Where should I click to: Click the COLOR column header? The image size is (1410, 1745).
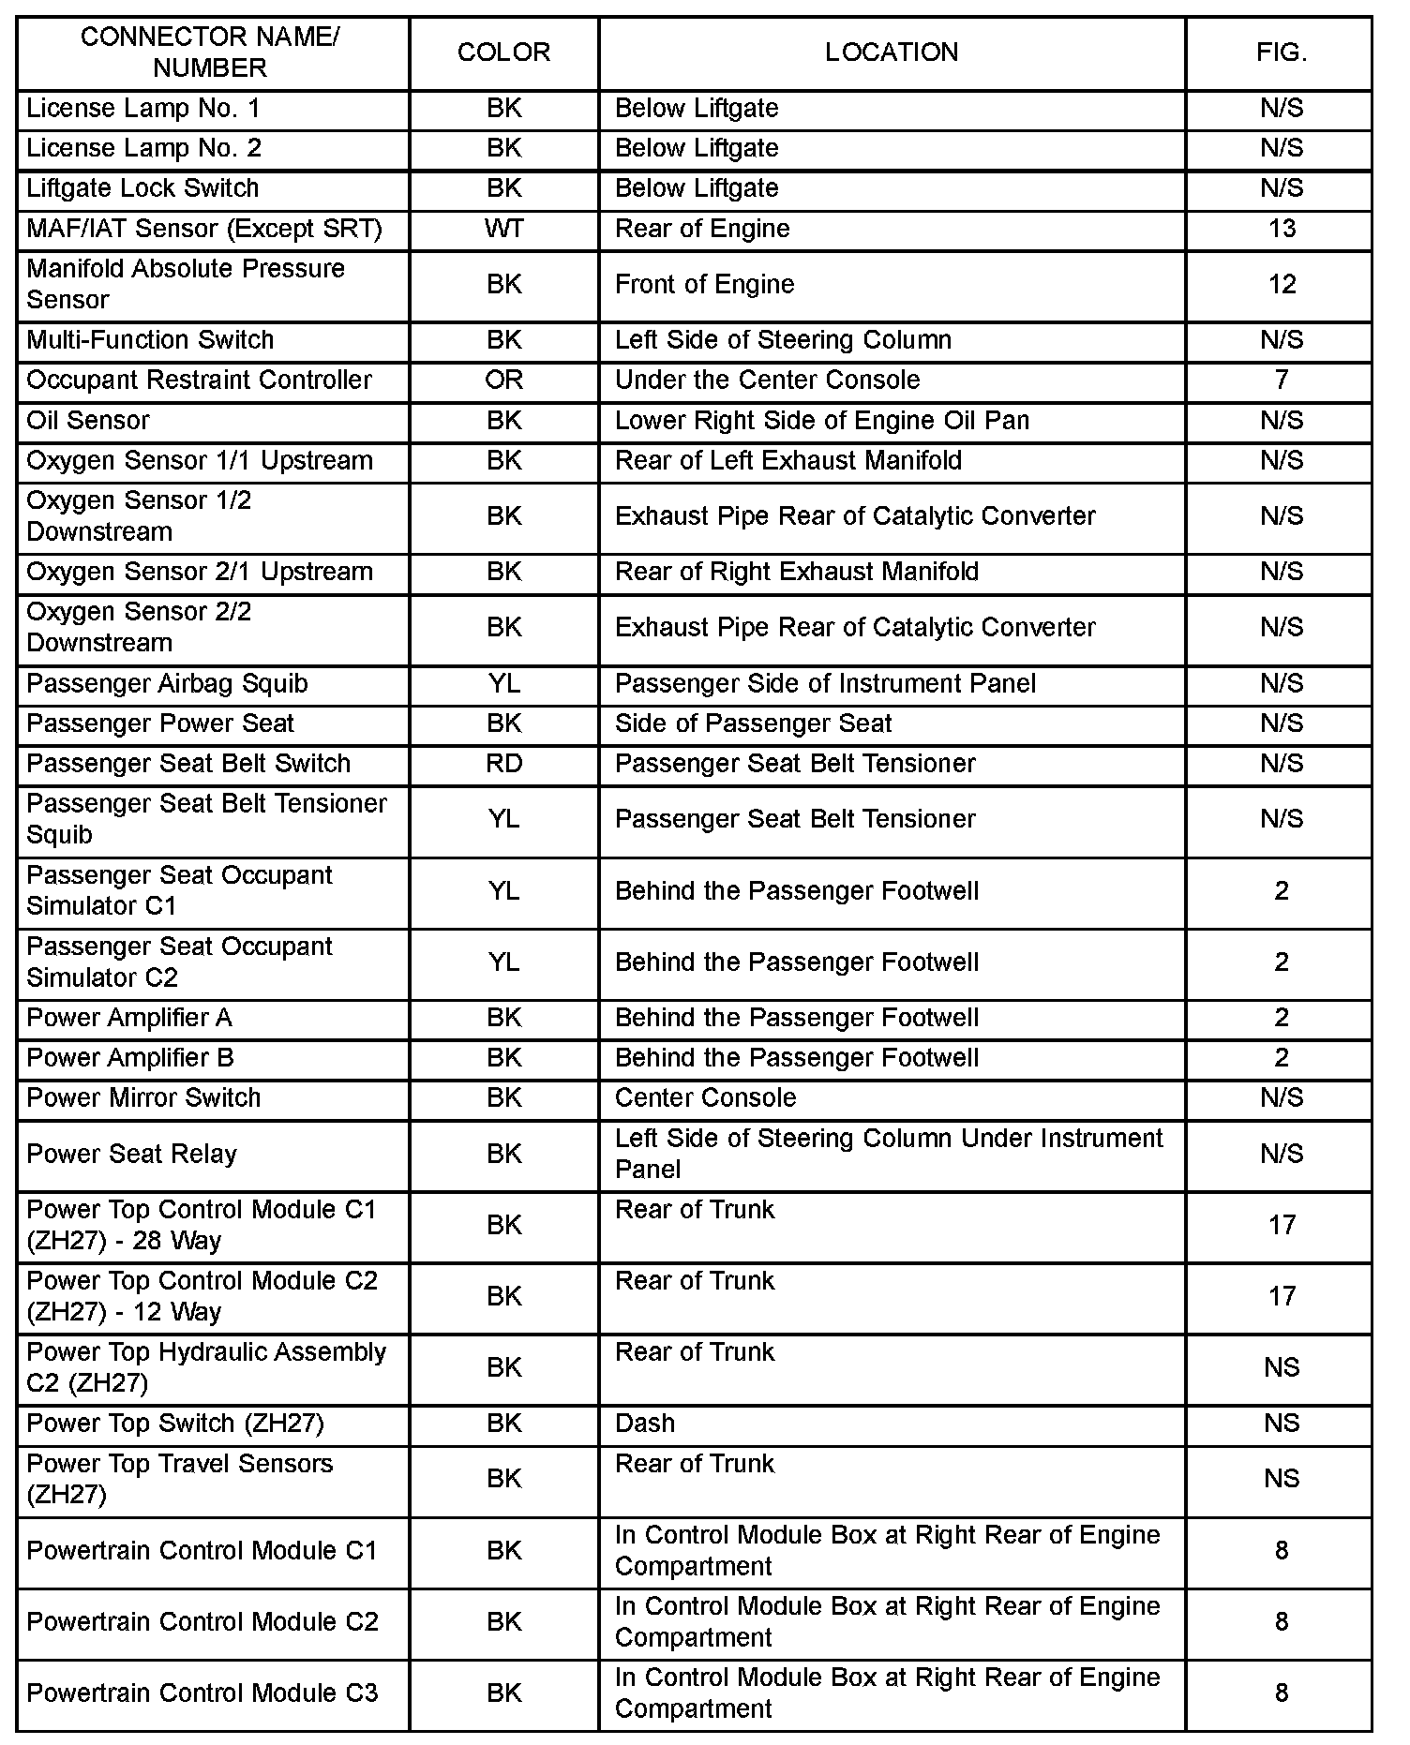click(x=503, y=52)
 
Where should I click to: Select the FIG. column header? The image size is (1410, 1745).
click(x=1281, y=52)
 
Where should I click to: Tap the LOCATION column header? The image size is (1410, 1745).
click(x=892, y=52)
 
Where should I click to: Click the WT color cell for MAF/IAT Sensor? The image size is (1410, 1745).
click(x=503, y=229)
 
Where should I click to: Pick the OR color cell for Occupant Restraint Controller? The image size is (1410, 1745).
click(x=503, y=380)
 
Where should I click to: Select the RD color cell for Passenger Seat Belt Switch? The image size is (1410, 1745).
click(x=503, y=764)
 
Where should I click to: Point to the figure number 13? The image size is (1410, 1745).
click(x=1281, y=229)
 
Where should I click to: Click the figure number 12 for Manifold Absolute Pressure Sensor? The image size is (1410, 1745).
click(x=1281, y=284)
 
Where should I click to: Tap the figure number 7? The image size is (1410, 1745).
click(x=1281, y=380)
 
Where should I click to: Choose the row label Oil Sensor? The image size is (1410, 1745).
click(x=88, y=420)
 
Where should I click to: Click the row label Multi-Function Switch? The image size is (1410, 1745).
click(x=150, y=339)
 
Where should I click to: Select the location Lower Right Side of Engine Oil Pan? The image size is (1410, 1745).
click(x=821, y=420)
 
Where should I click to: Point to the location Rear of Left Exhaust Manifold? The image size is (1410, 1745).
click(x=787, y=460)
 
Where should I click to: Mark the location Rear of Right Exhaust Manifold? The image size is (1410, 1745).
click(x=796, y=572)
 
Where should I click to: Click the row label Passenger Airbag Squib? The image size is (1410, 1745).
click(x=167, y=683)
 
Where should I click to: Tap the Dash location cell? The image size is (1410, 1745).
click(x=645, y=1423)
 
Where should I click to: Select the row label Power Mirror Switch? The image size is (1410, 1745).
click(x=143, y=1097)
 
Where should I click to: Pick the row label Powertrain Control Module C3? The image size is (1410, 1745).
click(x=202, y=1693)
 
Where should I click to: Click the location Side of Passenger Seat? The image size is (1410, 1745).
click(x=753, y=723)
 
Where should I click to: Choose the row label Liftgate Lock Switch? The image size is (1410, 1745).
click(x=142, y=188)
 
